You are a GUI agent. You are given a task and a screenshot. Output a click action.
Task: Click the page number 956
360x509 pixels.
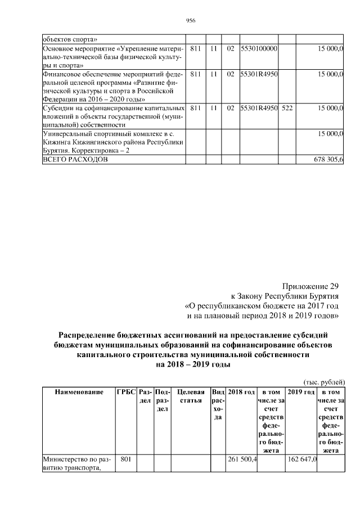(x=190, y=21)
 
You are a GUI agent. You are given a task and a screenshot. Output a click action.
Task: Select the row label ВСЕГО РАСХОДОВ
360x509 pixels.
(x=76, y=160)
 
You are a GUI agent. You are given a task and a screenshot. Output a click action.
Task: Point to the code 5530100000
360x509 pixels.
(x=259, y=49)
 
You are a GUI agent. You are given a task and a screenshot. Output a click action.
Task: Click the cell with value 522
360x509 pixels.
(x=287, y=107)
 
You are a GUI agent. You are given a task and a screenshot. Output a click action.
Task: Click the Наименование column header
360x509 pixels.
(x=79, y=391)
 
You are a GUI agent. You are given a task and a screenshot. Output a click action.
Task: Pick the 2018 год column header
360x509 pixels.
(x=241, y=391)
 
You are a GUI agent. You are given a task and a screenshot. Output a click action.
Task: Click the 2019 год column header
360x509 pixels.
(x=301, y=391)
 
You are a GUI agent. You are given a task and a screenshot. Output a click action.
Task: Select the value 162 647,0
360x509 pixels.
(x=303, y=460)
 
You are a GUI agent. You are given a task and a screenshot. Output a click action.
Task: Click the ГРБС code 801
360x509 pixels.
(x=126, y=460)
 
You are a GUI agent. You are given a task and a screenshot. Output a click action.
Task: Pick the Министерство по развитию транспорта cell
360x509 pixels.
(x=78, y=463)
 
